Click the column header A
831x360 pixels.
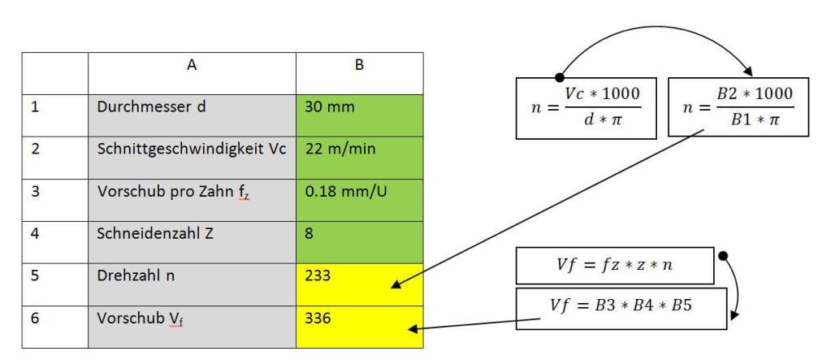pos(192,65)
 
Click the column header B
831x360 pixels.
pos(359,65)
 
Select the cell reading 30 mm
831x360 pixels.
pos(359,115)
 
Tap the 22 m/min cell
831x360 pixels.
pos(359,158)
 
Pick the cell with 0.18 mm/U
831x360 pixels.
pos(359,200)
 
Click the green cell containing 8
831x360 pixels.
pos(359,242)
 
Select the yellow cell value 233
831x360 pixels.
pos(318,275)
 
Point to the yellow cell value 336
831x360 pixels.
pos(318,318)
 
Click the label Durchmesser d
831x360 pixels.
pos(151,106)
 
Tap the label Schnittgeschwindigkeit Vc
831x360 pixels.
pos(192,149)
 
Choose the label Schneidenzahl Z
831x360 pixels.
pos(155,233)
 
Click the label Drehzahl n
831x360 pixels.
pos(136,275)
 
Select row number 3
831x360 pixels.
pos(36,192)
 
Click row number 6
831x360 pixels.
pos(36,318)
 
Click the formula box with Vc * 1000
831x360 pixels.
pos(586,108)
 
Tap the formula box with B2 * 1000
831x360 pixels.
pos(738,107)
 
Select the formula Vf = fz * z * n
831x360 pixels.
pos(615,266)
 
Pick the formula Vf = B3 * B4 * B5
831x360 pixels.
pos(621,308)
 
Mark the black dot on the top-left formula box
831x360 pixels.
pos(559,77)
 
